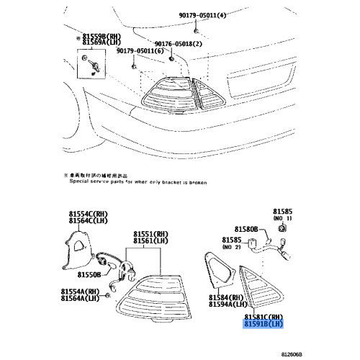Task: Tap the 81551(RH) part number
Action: [152, 234]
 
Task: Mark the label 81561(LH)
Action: [152, 242]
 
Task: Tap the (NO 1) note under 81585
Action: [282, 217]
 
